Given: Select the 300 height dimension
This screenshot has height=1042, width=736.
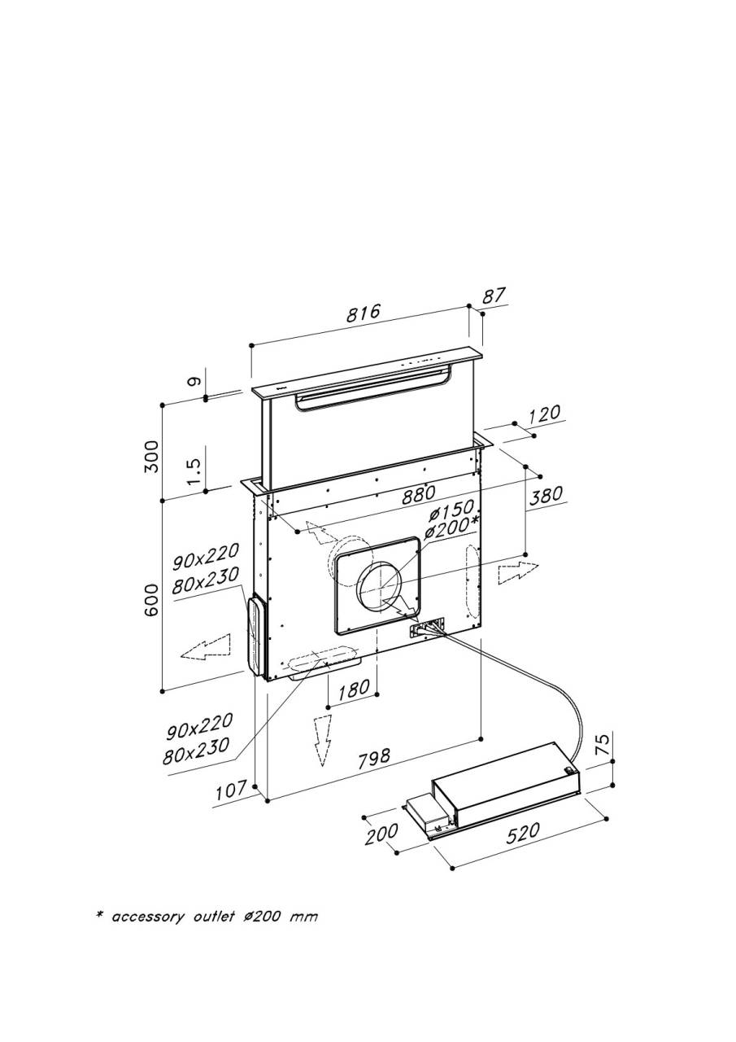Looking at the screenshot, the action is tap(151, 457).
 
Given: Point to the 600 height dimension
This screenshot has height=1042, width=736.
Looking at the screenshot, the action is tap(151, 601).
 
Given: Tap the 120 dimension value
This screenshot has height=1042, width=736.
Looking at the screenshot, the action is tap(544, 414).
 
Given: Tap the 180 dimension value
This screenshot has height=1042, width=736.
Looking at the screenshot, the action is tap(354, 689).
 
